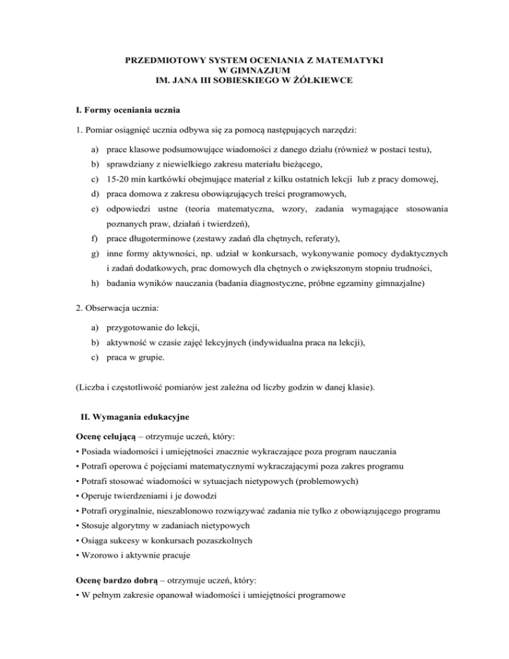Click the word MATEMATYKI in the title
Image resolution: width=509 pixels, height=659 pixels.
tap(355, 60)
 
